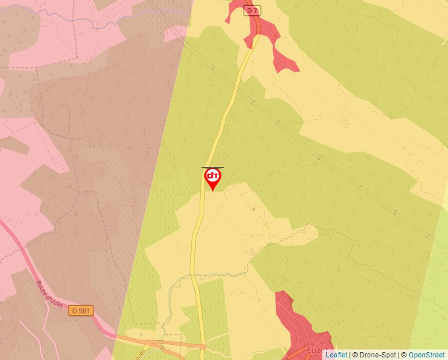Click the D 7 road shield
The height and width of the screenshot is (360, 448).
[251, 10]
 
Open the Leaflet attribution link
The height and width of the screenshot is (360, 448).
[337, 355]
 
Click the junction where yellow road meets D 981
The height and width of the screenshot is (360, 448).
[204, 344]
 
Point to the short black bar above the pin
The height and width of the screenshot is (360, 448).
[212, 168]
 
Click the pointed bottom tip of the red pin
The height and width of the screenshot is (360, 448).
[212, 191]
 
